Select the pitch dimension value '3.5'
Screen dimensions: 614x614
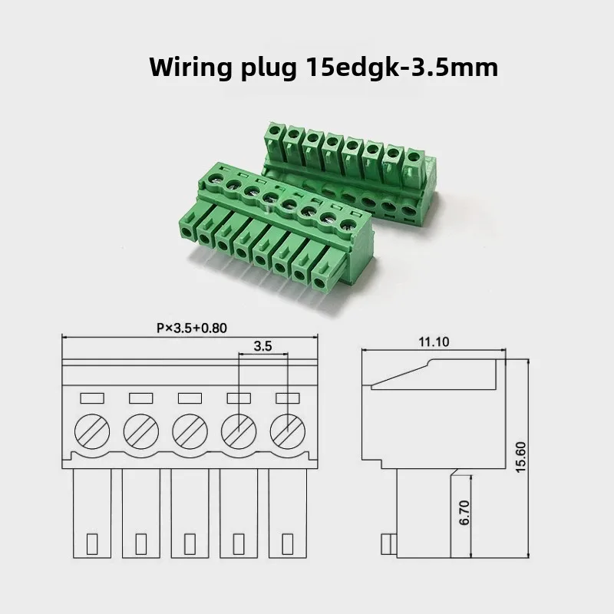point(262,346)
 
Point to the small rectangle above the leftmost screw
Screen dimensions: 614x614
point(93,398)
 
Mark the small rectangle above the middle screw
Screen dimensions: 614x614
point(190,398)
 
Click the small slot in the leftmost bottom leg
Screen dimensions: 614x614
point(93,543)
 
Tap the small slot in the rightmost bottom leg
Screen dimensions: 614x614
point(286,543)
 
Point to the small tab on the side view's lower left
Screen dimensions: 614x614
point(393,546)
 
